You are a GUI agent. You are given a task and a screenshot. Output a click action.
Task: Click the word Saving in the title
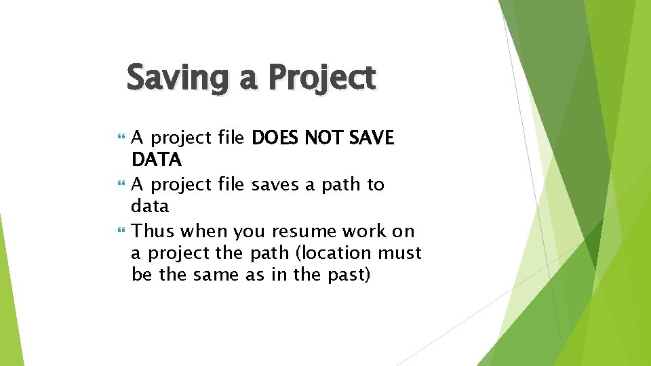[x=180, y=77]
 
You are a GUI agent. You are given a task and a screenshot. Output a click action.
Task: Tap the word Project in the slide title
[x=321, y=77]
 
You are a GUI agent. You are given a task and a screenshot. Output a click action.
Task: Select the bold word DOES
[x=275, y=138]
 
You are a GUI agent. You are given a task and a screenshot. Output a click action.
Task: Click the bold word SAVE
[x=371, y=138]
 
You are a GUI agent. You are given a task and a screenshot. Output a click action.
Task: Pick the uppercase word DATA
[x=156, y=160]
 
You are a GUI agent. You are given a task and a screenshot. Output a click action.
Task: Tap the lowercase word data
[x=150, y=206]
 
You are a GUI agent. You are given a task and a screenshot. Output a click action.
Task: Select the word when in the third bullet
[x=204, y=231]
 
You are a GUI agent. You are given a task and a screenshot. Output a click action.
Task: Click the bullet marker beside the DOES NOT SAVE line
[x=121, y=138]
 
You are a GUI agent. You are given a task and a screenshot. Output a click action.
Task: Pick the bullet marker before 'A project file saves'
[x=121, y=184]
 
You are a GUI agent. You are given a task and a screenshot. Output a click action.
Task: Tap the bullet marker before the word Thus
[x=121, y=231]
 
